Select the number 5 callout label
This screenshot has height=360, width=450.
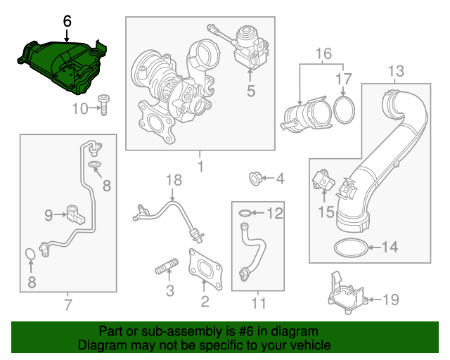[250, 90]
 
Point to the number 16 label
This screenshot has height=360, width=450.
[323, 54]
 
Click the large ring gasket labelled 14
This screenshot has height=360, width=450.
[349, 247]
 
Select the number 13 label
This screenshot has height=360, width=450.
[396, 70]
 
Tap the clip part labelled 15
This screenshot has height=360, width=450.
[322, 181]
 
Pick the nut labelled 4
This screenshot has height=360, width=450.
[256, 179]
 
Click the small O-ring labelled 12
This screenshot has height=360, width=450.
[243, 212]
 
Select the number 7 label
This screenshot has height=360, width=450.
[67, 304]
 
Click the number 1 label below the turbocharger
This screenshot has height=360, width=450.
[200, 167]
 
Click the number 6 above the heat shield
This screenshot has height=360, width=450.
[67, 21]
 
